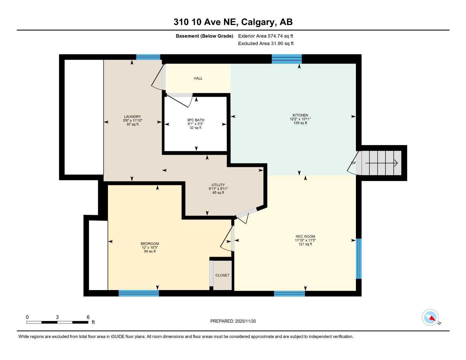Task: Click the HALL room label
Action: [198, 78]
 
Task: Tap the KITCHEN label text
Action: [300, 115]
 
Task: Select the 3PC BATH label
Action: [196, 120]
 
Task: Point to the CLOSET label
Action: [222, 275]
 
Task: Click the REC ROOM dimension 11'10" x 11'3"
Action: [305, 240]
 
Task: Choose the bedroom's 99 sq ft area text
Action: [150, 251]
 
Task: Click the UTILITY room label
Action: [218, 185]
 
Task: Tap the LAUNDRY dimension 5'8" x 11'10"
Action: [133, 121]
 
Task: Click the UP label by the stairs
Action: [353, 163]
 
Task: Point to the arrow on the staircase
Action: [382, 163]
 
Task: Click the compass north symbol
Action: [430, 318]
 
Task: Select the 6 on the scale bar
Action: [88, 317]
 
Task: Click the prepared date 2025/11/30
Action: [245, 321]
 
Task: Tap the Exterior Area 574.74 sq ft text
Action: [266, 36]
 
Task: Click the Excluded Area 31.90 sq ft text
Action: [266, 44]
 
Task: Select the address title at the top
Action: [233, 22]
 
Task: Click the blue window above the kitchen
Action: [287, 59]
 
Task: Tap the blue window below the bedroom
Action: [139, 293]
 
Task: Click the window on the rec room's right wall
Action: [359, 258]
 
